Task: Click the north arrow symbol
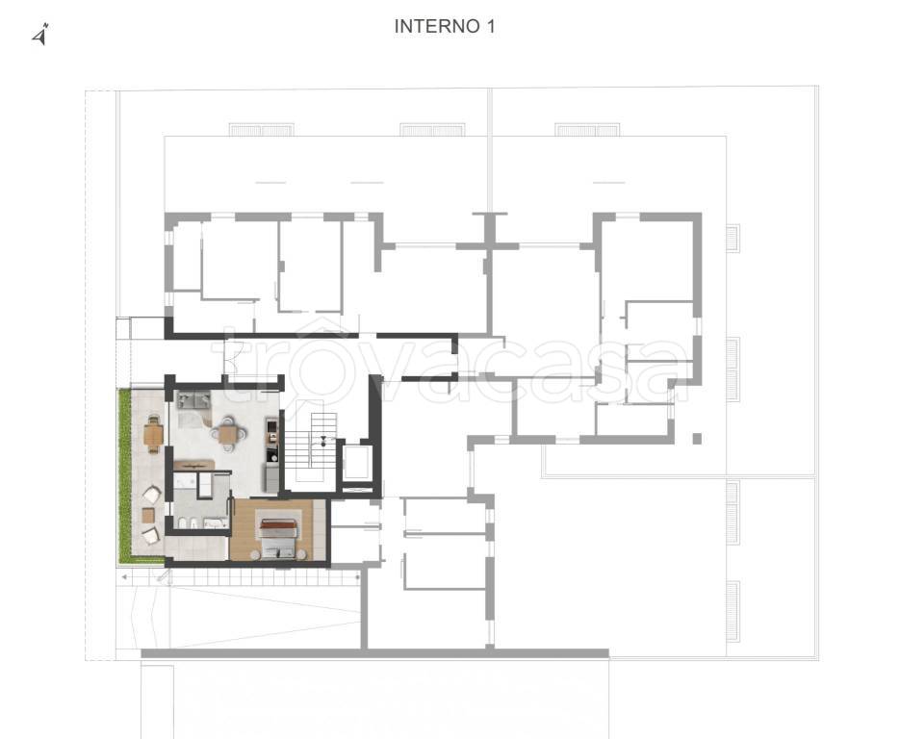[x=39, y=34]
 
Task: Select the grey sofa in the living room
[x=193, y=400]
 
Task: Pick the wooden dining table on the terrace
[x=153, y=434]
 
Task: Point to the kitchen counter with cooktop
[x=271, y=440]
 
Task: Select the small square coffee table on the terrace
[x=148, y=516]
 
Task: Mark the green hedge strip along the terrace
[x=124, y=475]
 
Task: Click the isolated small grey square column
[x=697, y=439]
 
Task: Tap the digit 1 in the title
[x=490, y=26]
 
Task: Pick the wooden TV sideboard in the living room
[x=194, y=464]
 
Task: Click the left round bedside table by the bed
[x=255, y=554]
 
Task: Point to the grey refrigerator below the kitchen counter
[x=272, y=478]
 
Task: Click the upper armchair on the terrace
[x=152, y=494]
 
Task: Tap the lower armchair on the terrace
[x=151, y=535]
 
